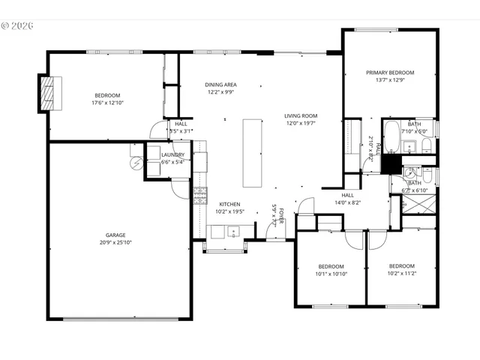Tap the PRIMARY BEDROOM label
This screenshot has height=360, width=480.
tap(390, 73)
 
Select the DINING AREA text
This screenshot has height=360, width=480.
tap(221, 85)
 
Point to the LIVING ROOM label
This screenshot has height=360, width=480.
tap(301, 115)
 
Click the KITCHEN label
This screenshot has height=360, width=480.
tap(229, 204)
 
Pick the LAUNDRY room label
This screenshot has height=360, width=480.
tap(172, 154)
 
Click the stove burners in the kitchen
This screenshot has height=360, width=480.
tap(200, 196)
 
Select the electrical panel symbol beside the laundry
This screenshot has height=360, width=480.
tap(136, 163)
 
